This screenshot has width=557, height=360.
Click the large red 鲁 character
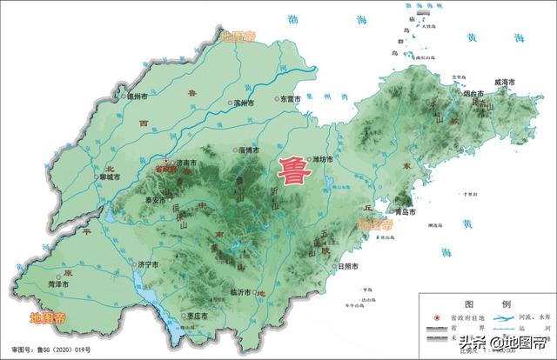click(x=292, y=169)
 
